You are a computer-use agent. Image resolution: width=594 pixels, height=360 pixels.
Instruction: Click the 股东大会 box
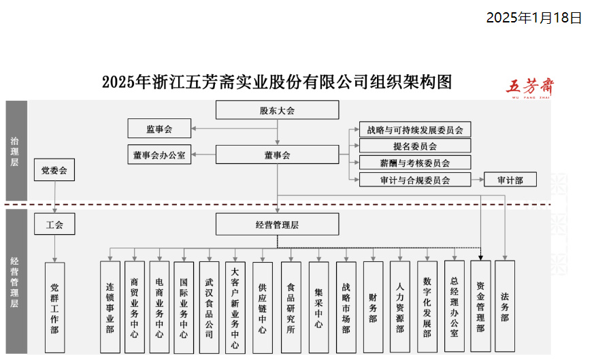(x=277, y=110)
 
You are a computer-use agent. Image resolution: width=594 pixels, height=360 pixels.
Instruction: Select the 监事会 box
(x=159, y=128)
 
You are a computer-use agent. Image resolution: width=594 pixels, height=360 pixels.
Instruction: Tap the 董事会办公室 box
(x=159, y=154)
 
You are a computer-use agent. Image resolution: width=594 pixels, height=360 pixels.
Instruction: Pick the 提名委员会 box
(x=415, y=146)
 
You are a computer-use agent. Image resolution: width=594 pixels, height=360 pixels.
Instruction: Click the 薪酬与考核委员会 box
(x=415, y=163)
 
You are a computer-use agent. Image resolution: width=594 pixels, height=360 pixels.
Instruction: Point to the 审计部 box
(x=510, y=180)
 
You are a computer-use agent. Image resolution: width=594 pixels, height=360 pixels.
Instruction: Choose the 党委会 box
(x=54, y=169)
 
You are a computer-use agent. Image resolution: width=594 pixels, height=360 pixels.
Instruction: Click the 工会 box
(x=54, y=224)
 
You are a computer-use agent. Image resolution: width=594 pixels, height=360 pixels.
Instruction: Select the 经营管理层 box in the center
(x=277, y=224)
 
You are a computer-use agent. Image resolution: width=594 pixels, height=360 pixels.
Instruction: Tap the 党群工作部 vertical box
(x=54, y=308)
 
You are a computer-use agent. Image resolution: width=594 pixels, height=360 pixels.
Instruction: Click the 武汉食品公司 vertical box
(x=209, y=307)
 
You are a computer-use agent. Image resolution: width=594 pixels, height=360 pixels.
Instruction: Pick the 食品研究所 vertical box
(x=291, y=307)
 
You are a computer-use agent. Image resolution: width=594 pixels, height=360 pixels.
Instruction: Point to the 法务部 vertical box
(x=504, y=306)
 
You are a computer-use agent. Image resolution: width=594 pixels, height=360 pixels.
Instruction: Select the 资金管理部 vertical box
(x=480, y=306)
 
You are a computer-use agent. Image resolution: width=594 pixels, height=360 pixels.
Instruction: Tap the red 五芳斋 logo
(x=530, y=87)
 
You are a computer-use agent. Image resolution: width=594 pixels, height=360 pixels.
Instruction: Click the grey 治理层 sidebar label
(x=16, y=151)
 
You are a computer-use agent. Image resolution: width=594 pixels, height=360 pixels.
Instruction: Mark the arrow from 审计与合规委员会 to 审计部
(x=477, y=180)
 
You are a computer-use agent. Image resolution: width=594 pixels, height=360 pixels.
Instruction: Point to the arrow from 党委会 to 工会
(x=54, y=197)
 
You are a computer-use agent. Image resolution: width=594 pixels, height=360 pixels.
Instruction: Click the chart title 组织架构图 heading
(x=276, y=82)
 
